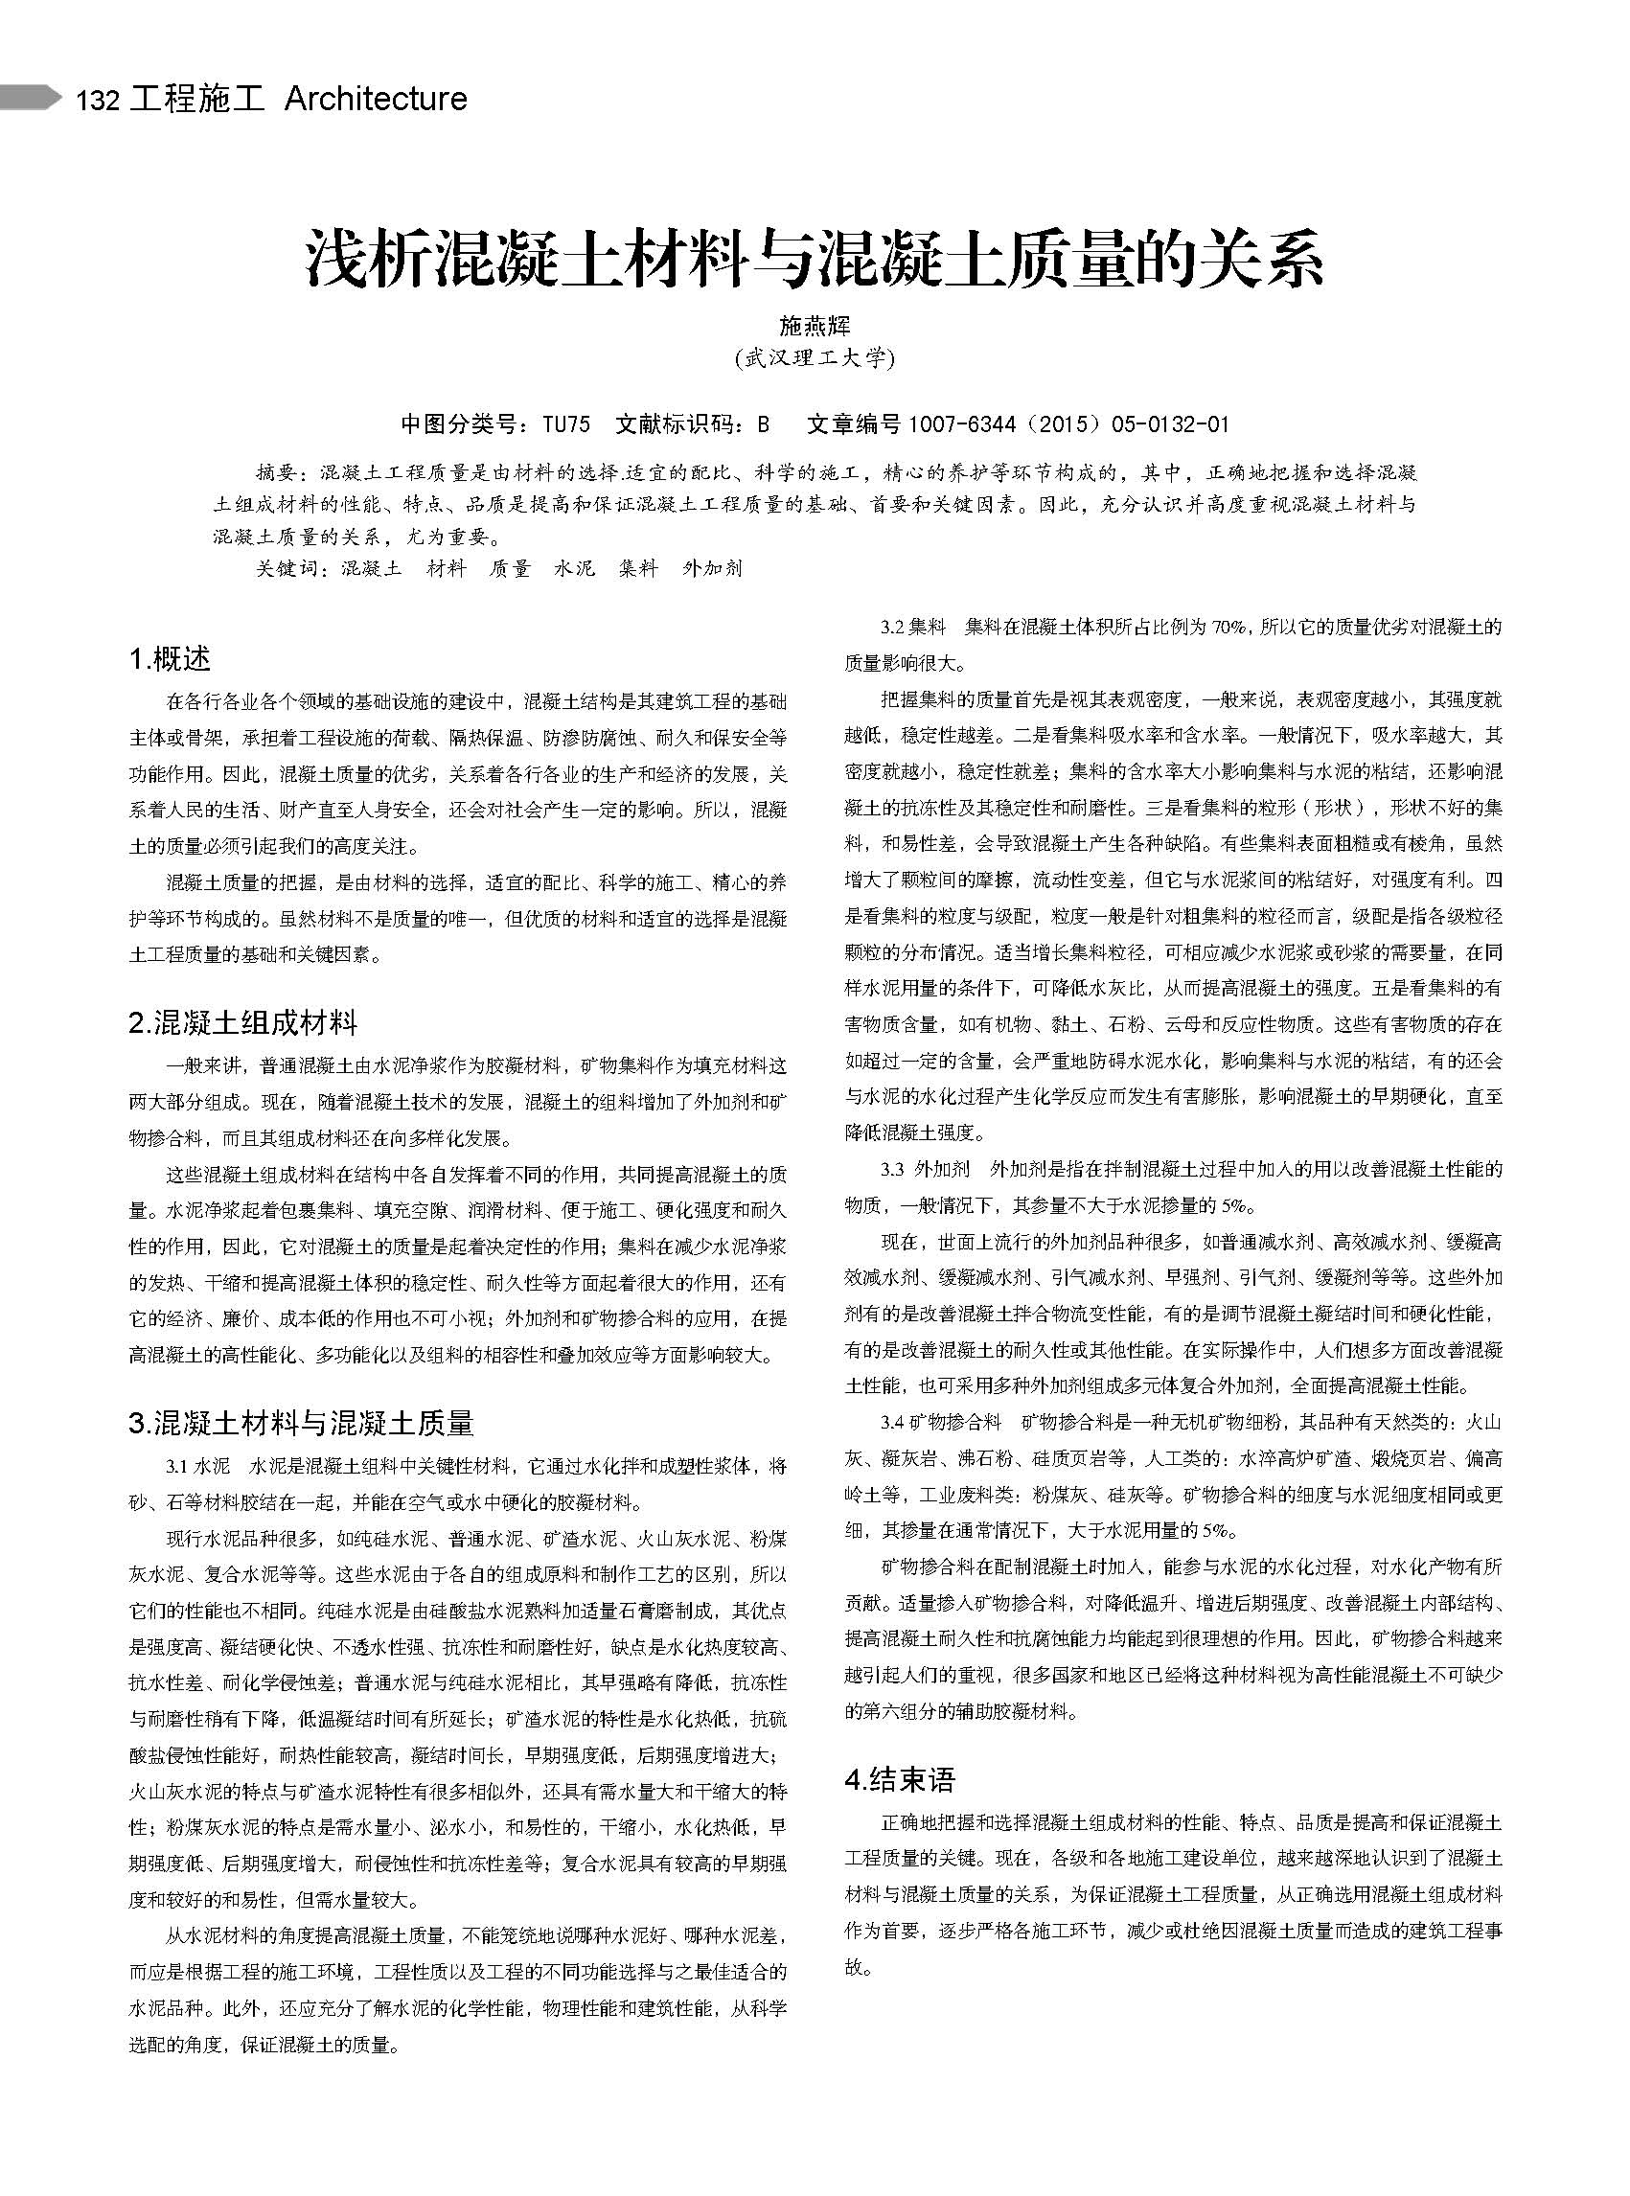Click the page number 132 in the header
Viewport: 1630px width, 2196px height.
pos(98,101)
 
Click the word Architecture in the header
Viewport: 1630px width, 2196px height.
pos(375,99)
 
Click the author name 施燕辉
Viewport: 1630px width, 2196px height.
pos(814,326)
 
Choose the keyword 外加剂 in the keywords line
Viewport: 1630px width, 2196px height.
pos(711,569)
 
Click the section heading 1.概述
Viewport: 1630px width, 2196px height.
pos(170,658)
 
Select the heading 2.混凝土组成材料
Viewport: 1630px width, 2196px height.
pos(242,1022)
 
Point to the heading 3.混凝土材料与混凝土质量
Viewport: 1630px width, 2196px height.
pos(301,1423)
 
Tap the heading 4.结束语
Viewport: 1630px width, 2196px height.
pos(900,1779)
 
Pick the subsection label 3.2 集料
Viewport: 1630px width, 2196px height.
pos(913,628)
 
